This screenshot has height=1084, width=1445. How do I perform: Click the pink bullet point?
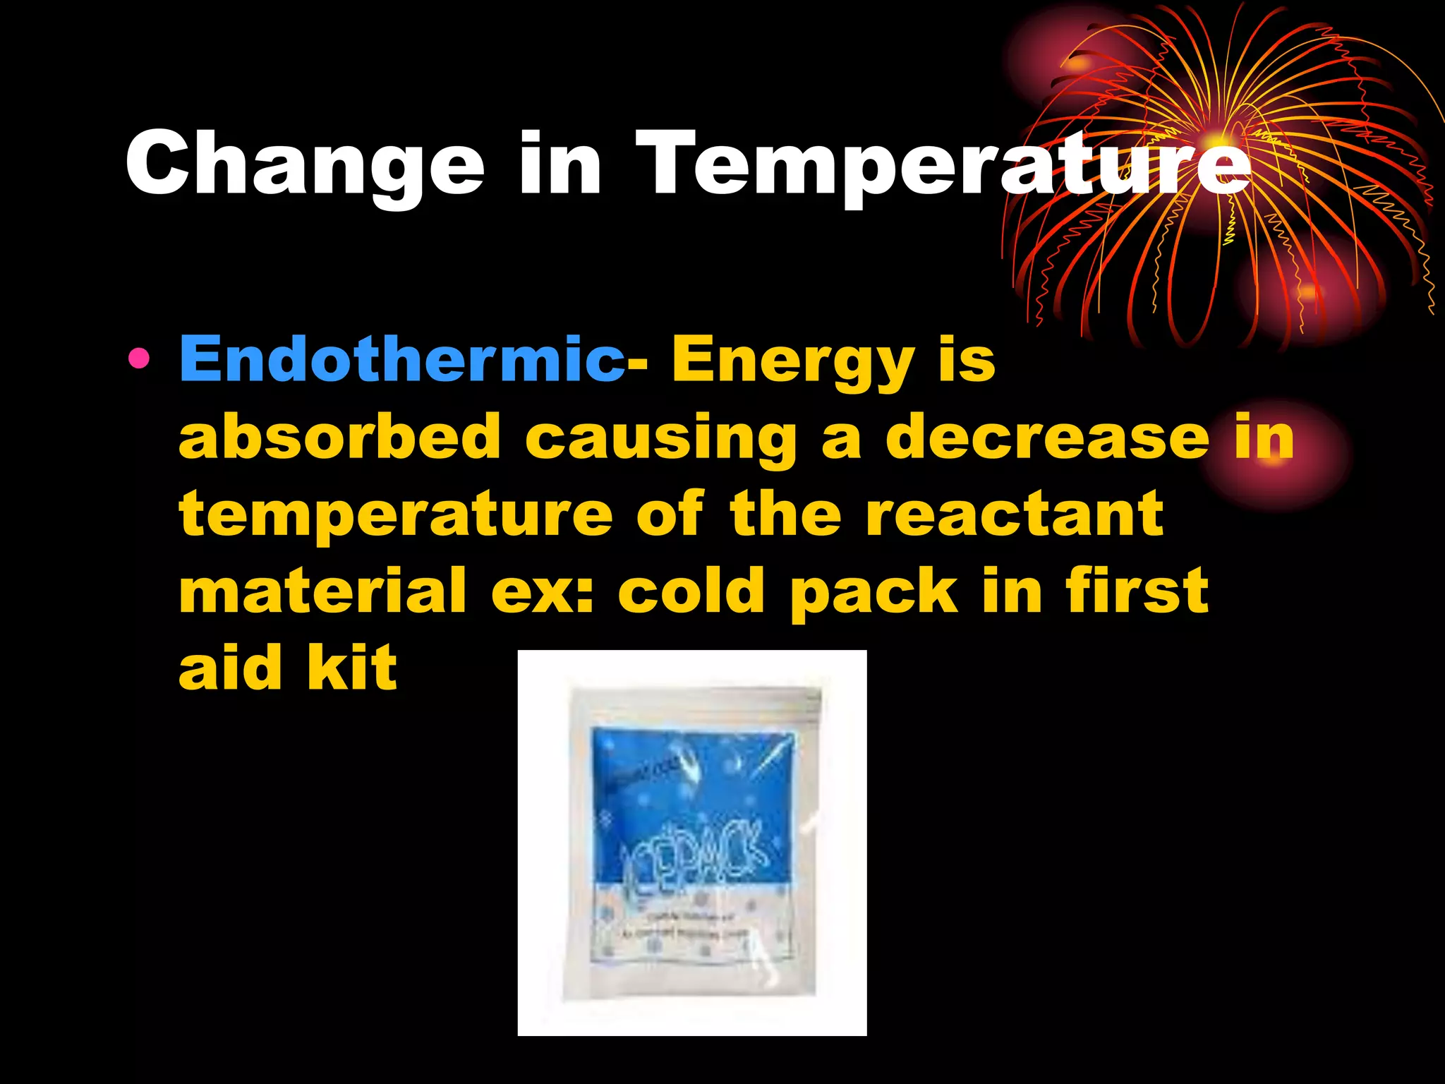tap(139, 360)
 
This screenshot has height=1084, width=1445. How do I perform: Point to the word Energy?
tap(793, 361)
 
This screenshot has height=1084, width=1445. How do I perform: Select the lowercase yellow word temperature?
tap(396, 515)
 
